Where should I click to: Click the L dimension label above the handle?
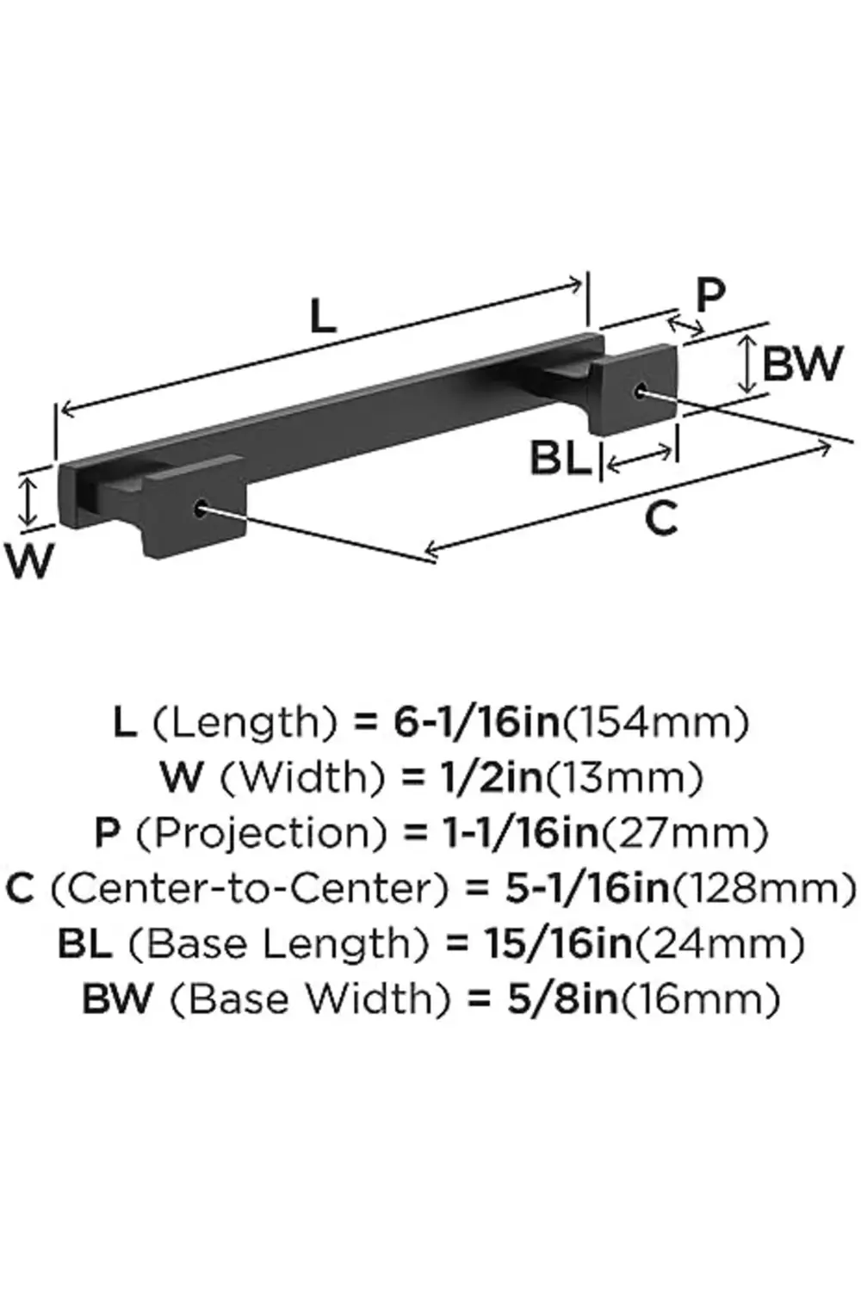pyautogui.click(x=322, y=318)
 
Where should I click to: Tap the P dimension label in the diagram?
pyautogui.click(x=709, y=296)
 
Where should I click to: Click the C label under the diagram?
pyautogui.click(x=660, y=519)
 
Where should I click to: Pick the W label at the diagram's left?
pyautogui.click(x=31, y=561)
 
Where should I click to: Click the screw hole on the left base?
pyautogui.click(x=201, y=509)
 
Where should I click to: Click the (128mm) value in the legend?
pyautogui.click(x=764, y=888)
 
